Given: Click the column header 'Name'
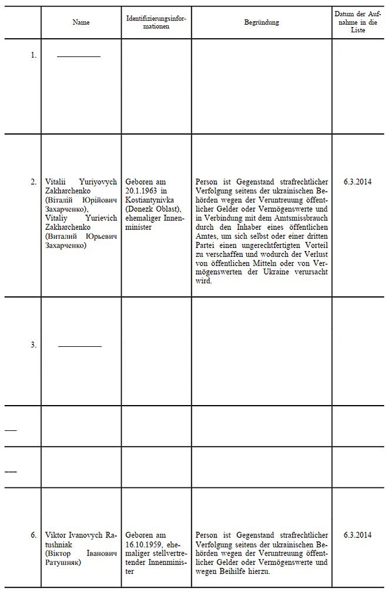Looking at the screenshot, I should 81,22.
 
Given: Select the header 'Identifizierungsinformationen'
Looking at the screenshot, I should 156,22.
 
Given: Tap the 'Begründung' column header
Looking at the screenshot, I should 262,22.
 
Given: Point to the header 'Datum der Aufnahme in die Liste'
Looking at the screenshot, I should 358,22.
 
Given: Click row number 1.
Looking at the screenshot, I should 34,55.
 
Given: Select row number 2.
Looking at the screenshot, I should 34,182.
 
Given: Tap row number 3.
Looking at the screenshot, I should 34,345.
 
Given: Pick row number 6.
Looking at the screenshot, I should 34,536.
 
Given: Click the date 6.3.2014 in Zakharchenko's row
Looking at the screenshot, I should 358,182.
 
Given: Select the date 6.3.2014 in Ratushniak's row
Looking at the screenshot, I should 358,536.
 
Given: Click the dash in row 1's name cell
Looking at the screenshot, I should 79,56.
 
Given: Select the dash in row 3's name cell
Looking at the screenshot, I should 80,346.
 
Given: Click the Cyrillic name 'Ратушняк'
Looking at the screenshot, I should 63,563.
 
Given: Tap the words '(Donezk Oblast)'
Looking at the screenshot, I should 152,209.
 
